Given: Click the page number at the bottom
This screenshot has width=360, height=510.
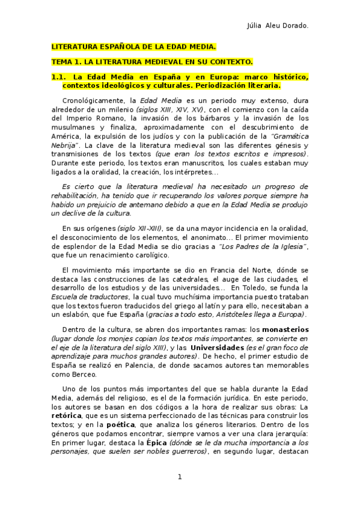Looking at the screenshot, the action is tap(179, 477).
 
